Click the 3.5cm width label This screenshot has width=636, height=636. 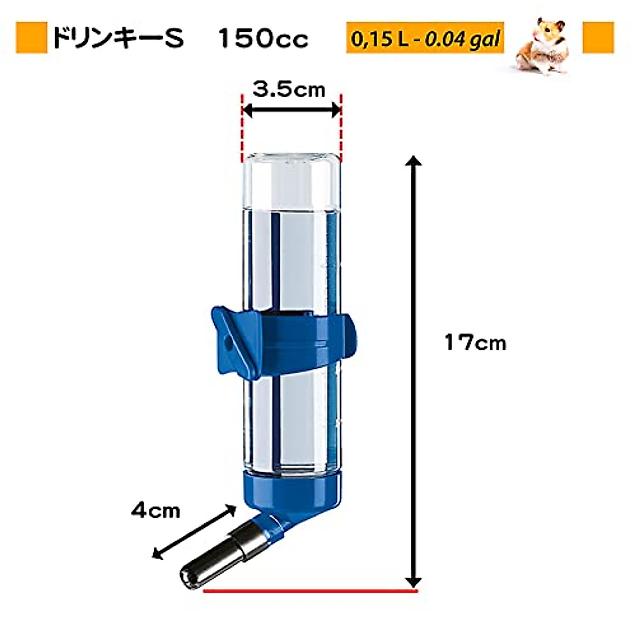point(289,90)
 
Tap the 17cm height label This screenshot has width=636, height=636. point(475,343)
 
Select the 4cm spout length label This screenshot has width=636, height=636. point(156,511)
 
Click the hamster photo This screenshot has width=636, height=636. point(543,46)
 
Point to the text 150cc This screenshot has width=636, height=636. point(263,38)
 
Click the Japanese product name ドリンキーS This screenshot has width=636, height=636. point(118,38)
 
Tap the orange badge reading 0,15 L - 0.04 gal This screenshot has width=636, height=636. point(425,39)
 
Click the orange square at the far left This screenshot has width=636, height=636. point(31,38)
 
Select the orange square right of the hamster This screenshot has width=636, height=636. point(598,38)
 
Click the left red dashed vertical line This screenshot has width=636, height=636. point(242,127)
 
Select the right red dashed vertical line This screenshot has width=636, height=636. point(340,127)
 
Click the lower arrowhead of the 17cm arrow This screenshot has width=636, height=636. point(414,580)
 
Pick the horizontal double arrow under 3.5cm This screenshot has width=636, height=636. point(291,110)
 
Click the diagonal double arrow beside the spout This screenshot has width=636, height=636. point(194,532)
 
